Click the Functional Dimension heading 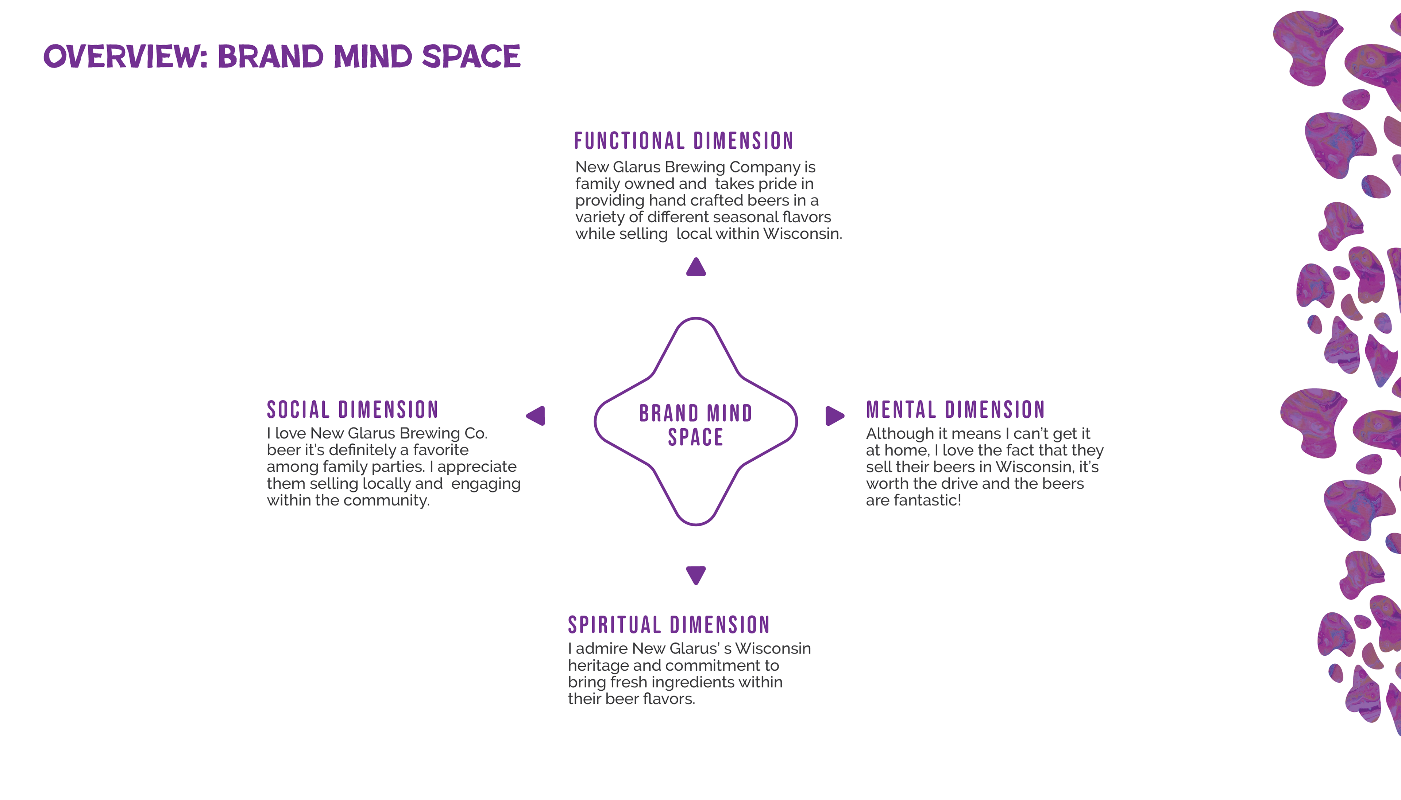click(683, 141)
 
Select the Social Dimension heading click(352, 410)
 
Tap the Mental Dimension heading click(955, 410)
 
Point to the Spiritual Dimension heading click(669, 625)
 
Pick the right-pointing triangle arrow click(834, 416)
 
